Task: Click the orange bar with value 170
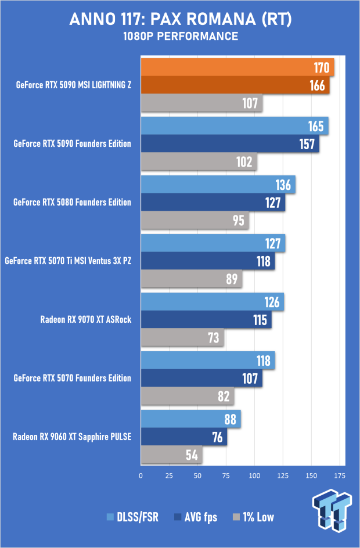click(237, 68)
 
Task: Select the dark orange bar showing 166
click(235, 85)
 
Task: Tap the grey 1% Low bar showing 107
click(201, 103)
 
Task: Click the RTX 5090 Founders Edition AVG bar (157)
click(230, 144)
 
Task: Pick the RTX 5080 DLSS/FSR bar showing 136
click(218, 185)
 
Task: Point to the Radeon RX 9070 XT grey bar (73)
click(182, 337)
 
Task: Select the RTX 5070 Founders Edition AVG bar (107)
click(201, 378)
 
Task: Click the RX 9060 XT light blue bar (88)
click(190, 419)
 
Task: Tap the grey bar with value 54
click(171, 455)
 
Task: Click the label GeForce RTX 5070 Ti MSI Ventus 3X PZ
click(68, 261)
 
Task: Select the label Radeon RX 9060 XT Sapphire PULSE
click(72, 437)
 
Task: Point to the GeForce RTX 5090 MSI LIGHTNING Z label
click(74, 85)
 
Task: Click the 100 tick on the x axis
click(255, 475)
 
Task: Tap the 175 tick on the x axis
click(340, 475)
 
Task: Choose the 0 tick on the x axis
click(141, 475)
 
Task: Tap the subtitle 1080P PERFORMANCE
click(180, 37)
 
